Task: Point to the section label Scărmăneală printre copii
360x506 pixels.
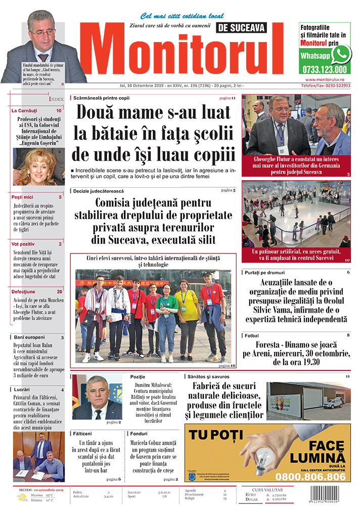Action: pyautogui.click(x=102, y=97)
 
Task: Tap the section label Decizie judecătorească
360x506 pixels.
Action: pyautogui.click(x=98, y=191)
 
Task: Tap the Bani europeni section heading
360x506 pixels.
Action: pyautogui.click(x=29, y=337)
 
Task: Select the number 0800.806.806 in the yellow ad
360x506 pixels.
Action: pyautogui.click(x=311, y=477)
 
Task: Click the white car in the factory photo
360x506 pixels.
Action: pyautogui.click(x=333, y=403)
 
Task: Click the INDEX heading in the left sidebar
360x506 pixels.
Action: pyautogui.click(x=56, y=99)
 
